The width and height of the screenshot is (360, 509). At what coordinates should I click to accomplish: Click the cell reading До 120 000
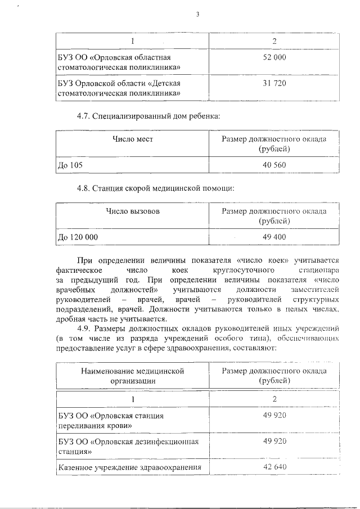pos(78,237)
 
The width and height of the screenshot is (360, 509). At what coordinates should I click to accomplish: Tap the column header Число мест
pos(133,139)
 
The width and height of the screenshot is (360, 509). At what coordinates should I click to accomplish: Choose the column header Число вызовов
pos(133,211)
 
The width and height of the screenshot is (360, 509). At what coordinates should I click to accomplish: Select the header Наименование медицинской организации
pos(133,376)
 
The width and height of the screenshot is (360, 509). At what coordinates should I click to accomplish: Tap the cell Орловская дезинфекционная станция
pos(129,446)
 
